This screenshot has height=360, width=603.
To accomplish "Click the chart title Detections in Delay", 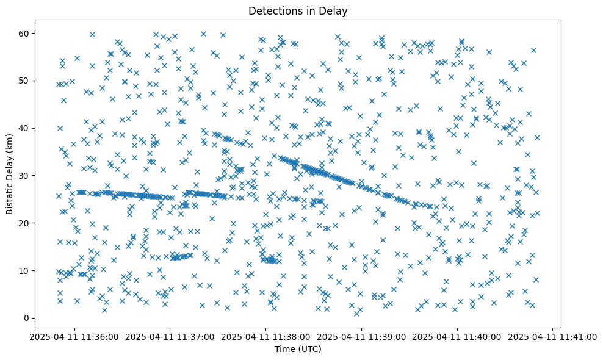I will pyautogui.click(x=298, y=10).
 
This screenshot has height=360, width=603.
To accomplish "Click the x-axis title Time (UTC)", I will pyautogui.click(x=298, y=349).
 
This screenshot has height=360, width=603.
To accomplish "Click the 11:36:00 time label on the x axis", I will pyautogui.click(x=75, y=336).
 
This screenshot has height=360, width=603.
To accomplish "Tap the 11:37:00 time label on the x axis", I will pyautogui.click(x=170, y=336).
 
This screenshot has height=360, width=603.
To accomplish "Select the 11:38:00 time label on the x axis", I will pyautogui.click(x=266, y=336).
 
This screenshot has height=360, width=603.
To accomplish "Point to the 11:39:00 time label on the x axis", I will pyautogui.click(x=362, y=336).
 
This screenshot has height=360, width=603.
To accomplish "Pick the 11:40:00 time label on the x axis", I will pyautogui.click(x=457, y=336).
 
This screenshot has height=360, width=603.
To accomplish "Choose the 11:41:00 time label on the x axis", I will pyautogui.click(x=553, y=336).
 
